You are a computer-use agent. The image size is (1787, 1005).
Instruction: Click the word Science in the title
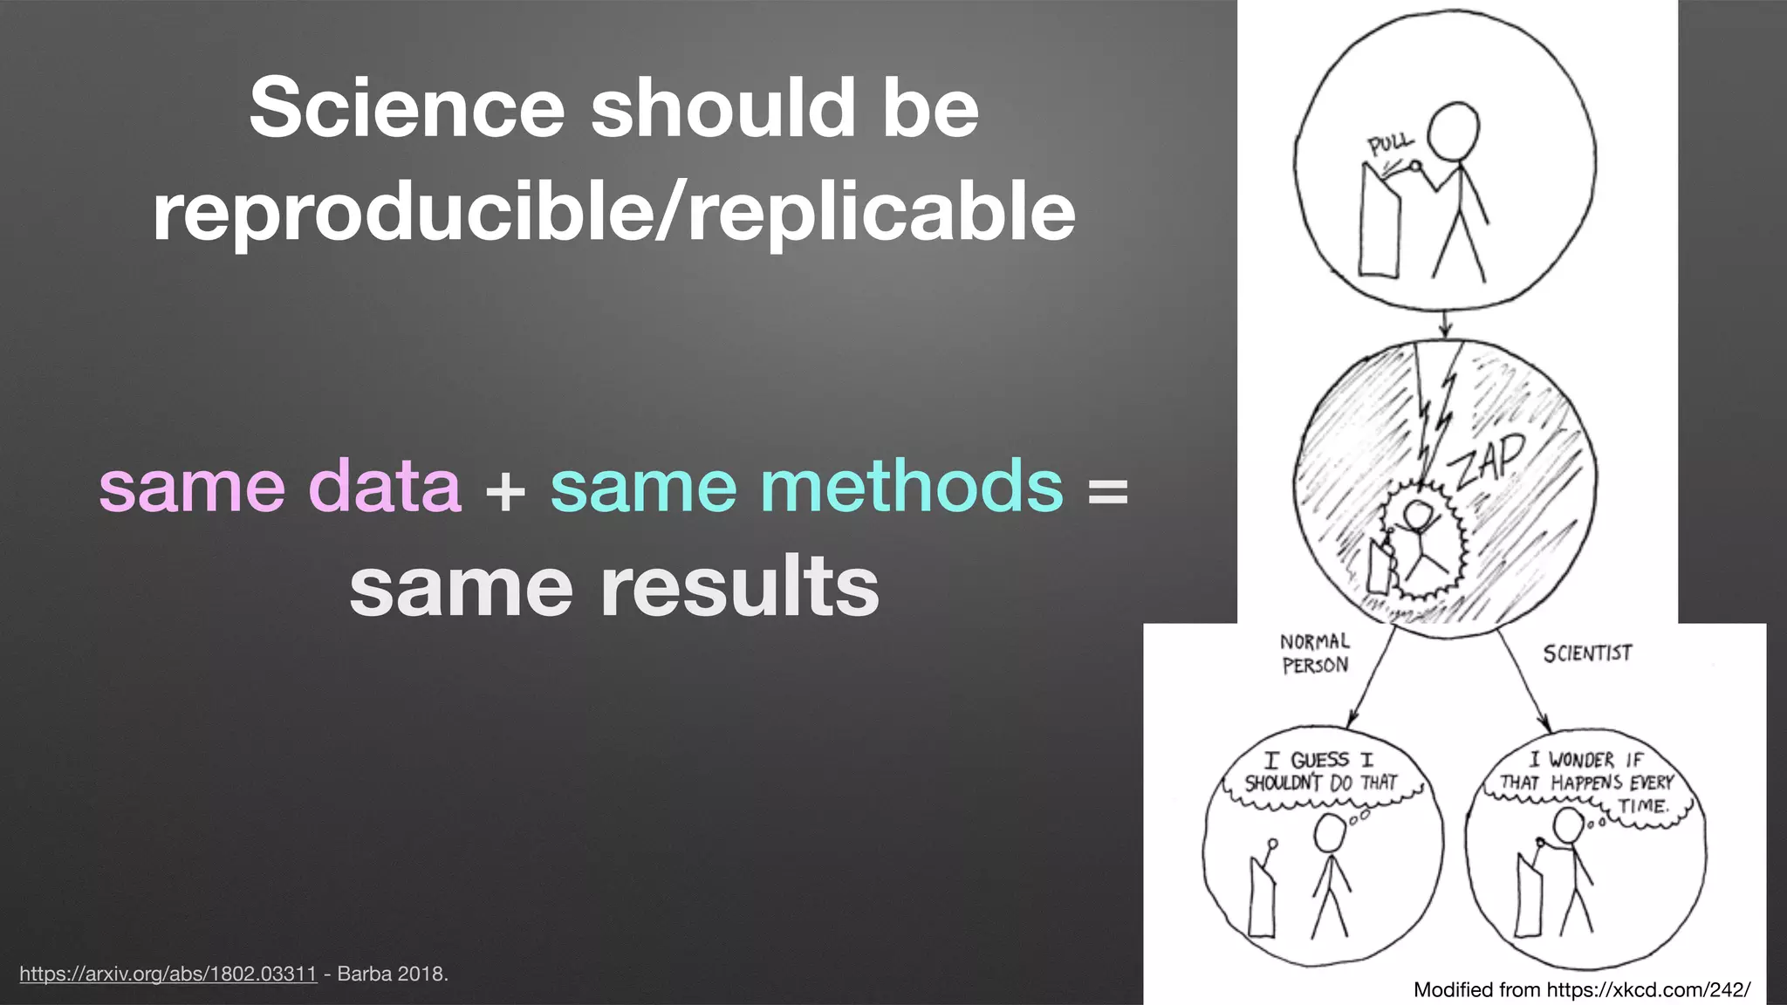407,108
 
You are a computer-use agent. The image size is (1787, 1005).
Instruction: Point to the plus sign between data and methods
505,490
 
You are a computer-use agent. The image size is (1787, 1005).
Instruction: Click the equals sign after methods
1108,490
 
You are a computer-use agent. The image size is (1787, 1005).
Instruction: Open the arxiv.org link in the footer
168,974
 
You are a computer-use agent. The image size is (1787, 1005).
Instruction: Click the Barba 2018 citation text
392,974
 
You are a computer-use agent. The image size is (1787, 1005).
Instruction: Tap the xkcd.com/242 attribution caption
1581,989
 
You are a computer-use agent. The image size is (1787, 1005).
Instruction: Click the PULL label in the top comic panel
1391,143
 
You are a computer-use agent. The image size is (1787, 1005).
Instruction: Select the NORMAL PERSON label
1315,653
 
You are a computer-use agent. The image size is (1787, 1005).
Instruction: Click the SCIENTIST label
1587,653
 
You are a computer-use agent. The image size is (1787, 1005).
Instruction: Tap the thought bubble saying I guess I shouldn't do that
1321,773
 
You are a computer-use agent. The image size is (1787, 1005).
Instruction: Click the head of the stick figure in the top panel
1454,131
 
